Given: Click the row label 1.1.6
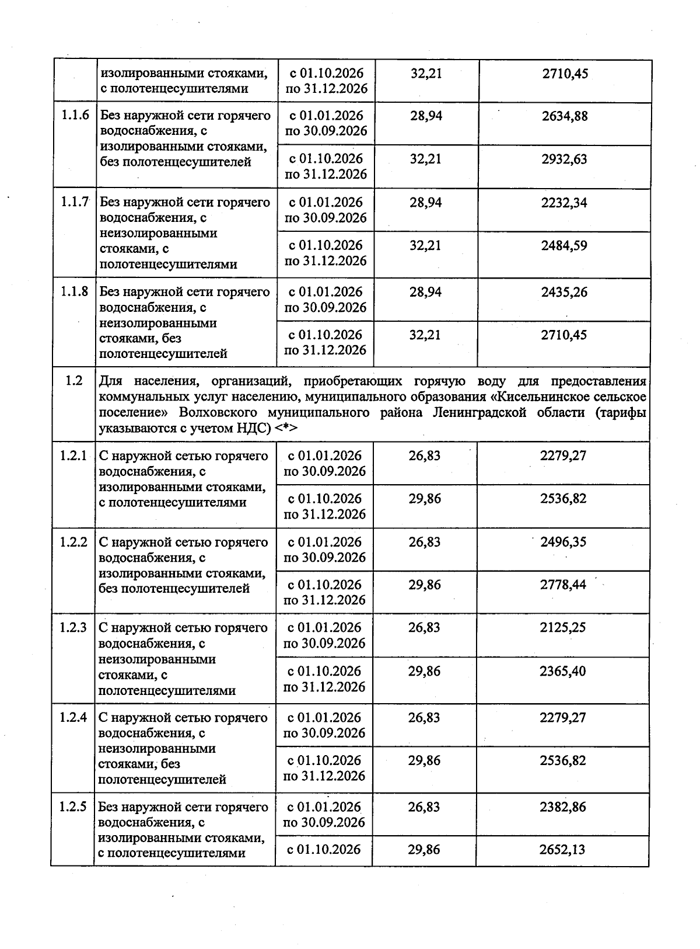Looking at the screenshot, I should point(75,115).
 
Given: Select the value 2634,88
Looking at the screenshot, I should point(564,116).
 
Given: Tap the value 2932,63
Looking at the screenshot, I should point(564,159).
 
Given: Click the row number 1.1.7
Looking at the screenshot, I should point(75,202).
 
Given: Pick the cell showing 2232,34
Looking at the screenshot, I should point(564,203).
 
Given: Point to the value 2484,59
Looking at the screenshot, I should point(564,245).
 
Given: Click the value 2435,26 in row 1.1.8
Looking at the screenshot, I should point(564,292).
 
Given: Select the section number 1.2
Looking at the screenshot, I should point(74,381).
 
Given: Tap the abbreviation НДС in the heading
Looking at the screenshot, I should point(253,428).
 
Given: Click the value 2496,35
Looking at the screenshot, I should point(563,542).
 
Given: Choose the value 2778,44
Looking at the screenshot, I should point(563,585).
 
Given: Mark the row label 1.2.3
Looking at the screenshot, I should point(73,628).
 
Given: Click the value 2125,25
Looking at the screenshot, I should point(563,628).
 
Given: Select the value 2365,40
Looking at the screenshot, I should point(563,671).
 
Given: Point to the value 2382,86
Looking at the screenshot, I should point(563,807).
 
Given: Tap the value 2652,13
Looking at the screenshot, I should point(563,850).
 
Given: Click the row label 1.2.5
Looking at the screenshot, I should point(73,807).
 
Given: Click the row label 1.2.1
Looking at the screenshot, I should point(73,456).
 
